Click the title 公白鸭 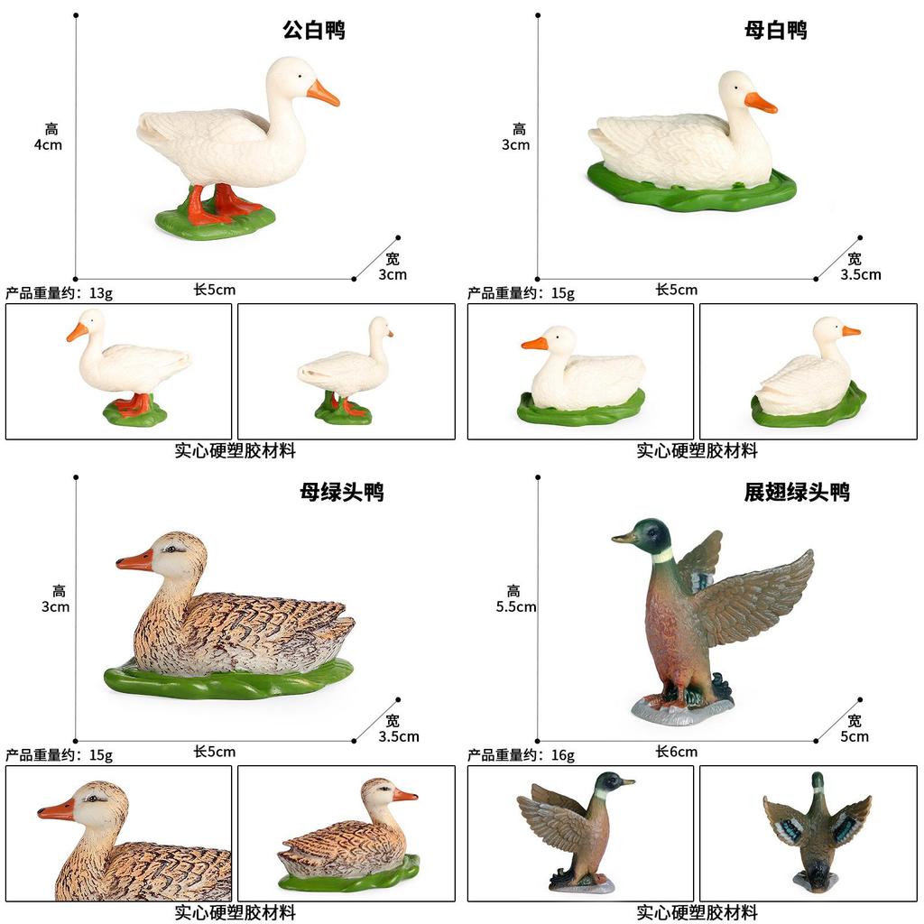[314, 30]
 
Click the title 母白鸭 [775, 30]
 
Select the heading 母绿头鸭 [342, 492]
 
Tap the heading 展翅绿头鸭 [797, 492]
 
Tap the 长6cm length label [676, 752]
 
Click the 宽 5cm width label [854, 728]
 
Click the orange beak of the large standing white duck [323, 93]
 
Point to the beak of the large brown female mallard [135, 561]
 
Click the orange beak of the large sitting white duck [760, 103]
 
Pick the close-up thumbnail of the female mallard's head [118, 833]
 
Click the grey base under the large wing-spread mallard [681, 711]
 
